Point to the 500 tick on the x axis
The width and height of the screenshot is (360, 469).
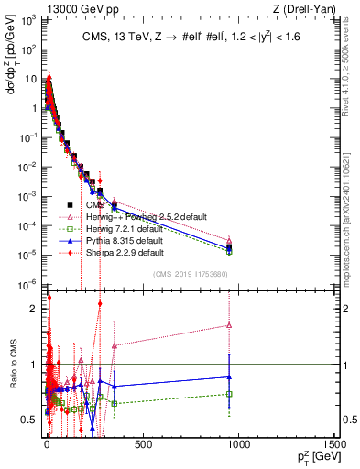click(142, 444)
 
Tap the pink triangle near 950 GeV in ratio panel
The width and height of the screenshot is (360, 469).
click(229, 325)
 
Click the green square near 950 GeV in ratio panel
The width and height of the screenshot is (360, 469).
click(229, 394)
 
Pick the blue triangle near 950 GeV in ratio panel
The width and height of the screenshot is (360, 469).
click(229, 376)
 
